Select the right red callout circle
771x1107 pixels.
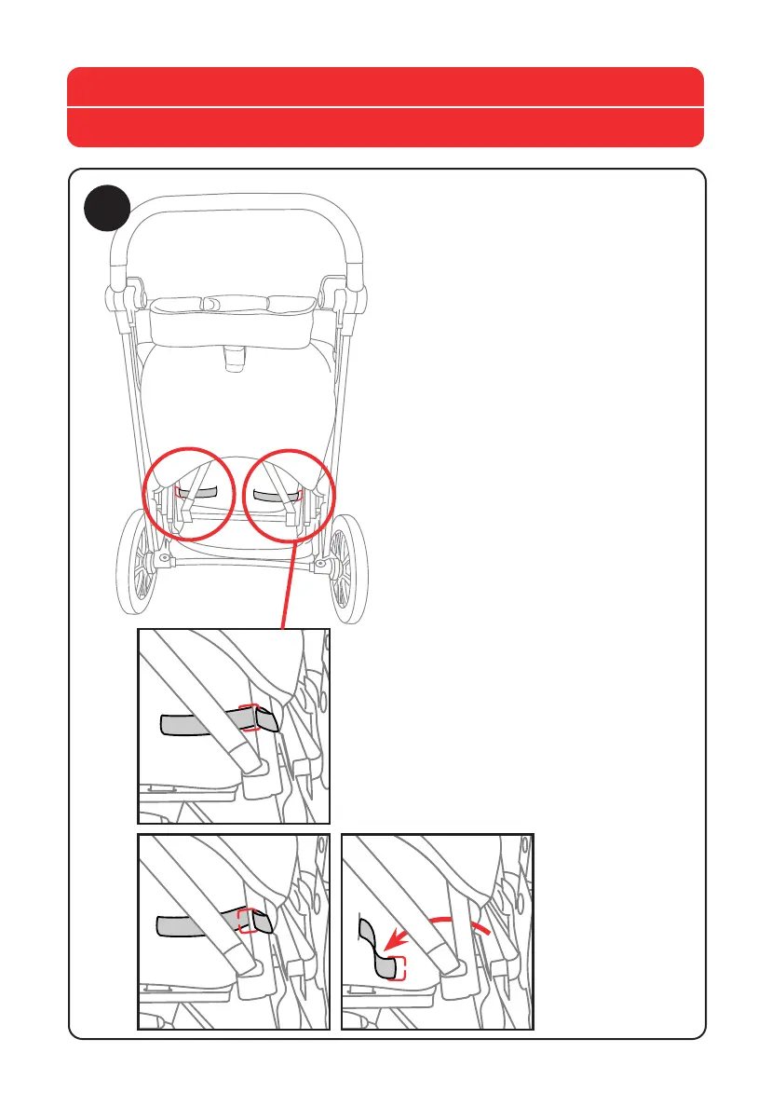(x=289, y=495)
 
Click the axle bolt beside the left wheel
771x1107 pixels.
(x=164, y=560)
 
